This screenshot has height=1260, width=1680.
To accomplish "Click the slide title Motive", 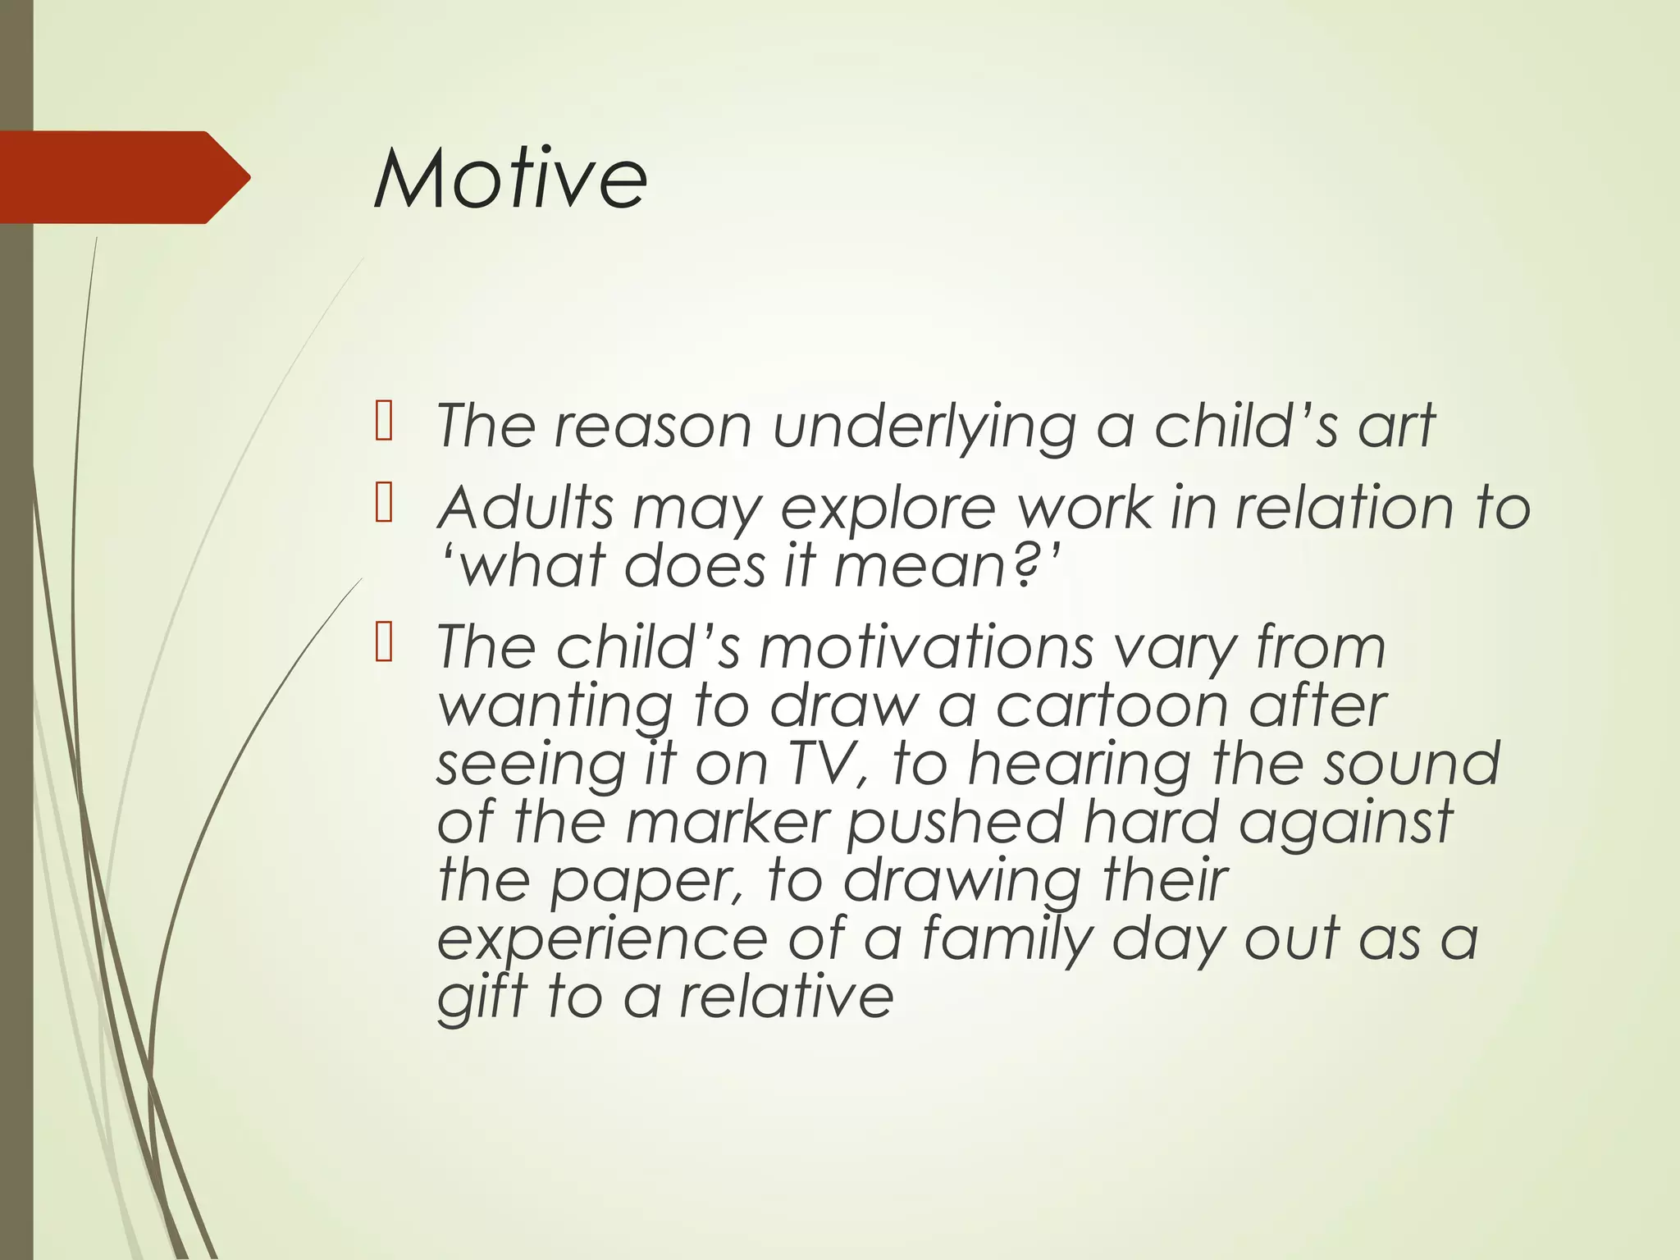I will (510, 178).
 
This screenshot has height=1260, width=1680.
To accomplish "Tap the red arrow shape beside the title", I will (123, 177).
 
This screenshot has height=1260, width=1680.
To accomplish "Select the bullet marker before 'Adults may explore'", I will (383, 503).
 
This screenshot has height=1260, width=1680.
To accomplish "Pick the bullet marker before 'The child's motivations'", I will (383, 642).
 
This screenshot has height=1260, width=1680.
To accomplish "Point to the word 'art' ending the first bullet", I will (1395, 426).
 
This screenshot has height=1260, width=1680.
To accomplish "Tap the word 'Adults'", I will (526, 508).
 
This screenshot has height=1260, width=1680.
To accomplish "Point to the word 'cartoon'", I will (1111, 705).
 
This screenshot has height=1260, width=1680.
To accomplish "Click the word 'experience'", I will (601, 939).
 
